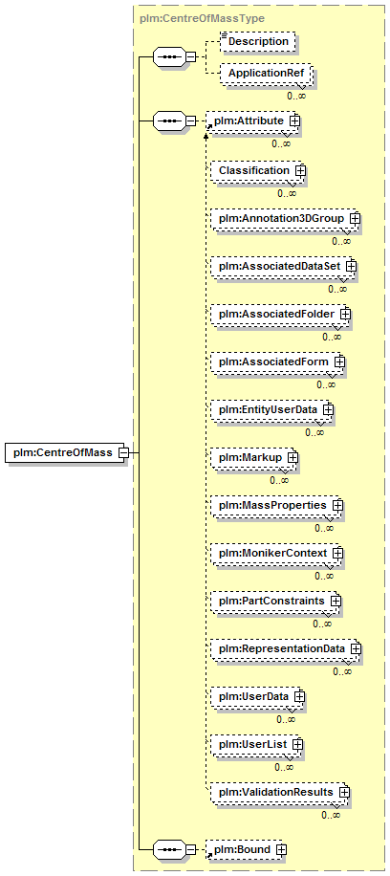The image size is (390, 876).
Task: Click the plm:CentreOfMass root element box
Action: (x=65, y=452)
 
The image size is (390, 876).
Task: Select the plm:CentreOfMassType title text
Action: (x=202, y=18)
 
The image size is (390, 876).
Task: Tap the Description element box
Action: (x=257, y=42)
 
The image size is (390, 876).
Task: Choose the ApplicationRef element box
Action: (x=265, y=74)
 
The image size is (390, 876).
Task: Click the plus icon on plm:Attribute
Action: (x=293, y=120)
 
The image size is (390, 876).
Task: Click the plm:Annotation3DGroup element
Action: (x=285, y=218)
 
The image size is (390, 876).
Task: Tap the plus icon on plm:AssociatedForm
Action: (x=339, y=362)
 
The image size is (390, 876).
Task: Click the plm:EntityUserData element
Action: (x=272, y=409)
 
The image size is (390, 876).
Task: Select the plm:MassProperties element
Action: (x=276, y=505)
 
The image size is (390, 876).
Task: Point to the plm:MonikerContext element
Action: (x=276, y=553)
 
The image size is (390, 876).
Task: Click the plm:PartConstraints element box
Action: (x=276, y=602)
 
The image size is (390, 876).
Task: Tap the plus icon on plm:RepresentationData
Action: (x=356, y=648)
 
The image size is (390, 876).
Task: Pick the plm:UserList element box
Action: (x=257, y=745)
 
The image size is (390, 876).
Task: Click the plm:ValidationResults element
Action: (x=280, y=792)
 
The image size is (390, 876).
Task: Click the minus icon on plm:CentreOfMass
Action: (x=123, y=452)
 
